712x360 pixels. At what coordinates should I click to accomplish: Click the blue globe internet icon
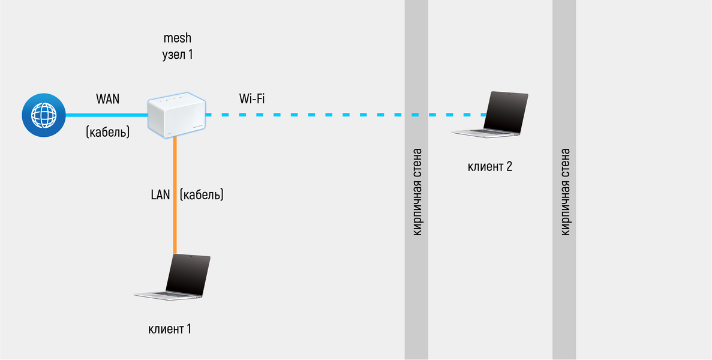[43, 115]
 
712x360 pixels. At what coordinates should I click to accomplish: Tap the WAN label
[107, 99]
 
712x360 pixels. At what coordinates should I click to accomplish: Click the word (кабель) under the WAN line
[108, 132]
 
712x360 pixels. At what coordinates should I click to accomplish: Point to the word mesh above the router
[177, 38]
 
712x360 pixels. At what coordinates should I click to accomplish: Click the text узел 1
[177, 55]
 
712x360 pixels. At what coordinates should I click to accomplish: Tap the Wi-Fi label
[252, 98]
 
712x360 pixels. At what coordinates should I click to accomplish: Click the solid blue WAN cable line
[105, 115]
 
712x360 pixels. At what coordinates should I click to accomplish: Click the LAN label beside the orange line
[161, 195]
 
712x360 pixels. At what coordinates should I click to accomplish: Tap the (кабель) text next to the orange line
[202, 195]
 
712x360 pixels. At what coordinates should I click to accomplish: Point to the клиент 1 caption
[170, 329]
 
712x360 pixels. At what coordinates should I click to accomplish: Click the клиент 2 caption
[489, 167]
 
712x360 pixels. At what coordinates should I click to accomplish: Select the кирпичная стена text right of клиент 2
[565, 192]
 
